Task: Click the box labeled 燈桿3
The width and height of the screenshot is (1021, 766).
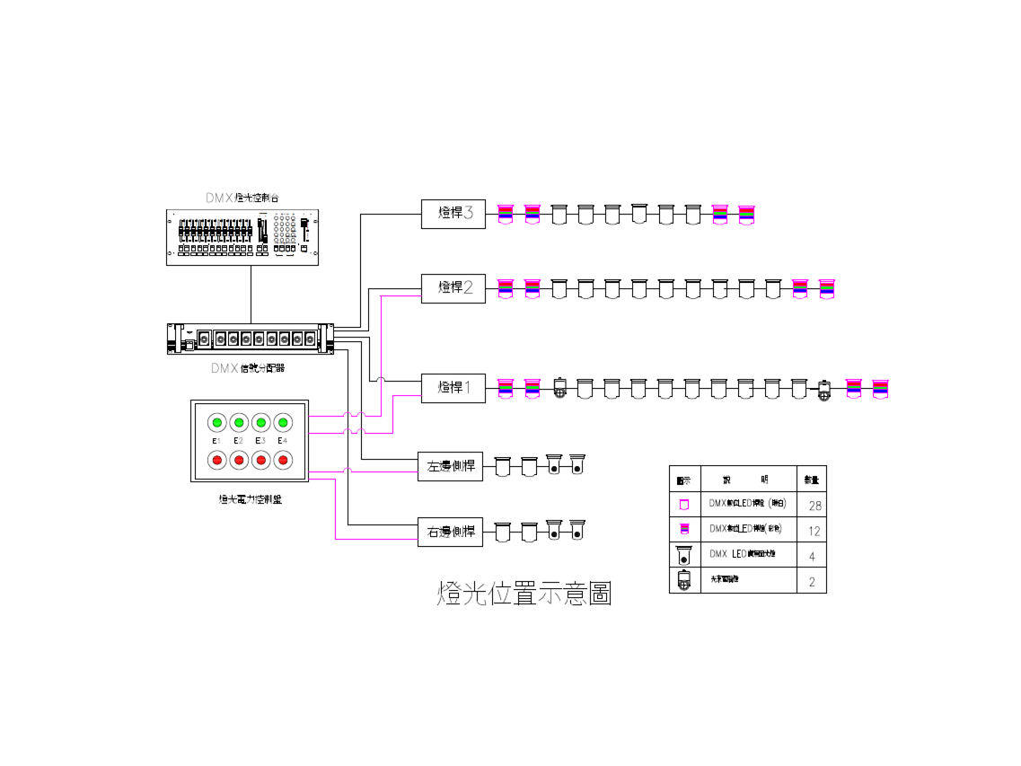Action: click(453, 215)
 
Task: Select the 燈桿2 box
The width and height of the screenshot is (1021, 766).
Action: click(453, 288)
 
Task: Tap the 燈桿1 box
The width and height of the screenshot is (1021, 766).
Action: click(453, 388)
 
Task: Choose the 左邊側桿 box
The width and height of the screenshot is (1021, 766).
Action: click(450, 466)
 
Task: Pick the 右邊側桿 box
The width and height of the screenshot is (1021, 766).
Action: click(450, 532)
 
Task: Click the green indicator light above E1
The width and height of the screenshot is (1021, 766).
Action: click(217, 422)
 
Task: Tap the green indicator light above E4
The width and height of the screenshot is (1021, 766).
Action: click(282, 422)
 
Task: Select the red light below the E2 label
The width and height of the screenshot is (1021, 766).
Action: click(239, 460)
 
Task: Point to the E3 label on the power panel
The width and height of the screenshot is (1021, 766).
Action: click(260, 441)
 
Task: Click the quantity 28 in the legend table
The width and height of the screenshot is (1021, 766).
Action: click(814, 506)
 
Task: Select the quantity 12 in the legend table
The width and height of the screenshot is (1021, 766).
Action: click(814, 531)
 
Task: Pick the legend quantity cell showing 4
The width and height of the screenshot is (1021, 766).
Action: click(812, 556)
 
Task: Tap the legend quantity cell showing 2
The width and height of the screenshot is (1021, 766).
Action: click(812, 581)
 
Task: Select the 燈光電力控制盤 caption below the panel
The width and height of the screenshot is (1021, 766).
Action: click(251, 499)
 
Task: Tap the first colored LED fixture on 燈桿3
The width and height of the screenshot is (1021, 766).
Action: click(505, 214)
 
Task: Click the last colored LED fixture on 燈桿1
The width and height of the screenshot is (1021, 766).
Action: click(880, 388)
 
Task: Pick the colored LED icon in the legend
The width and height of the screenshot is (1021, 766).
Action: click(684, 530)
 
